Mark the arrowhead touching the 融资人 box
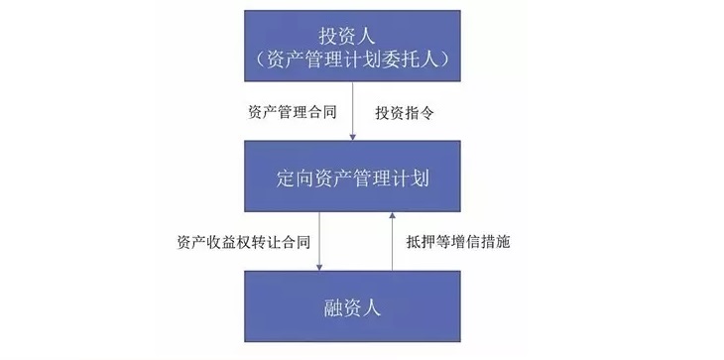click(x=320, y=266)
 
